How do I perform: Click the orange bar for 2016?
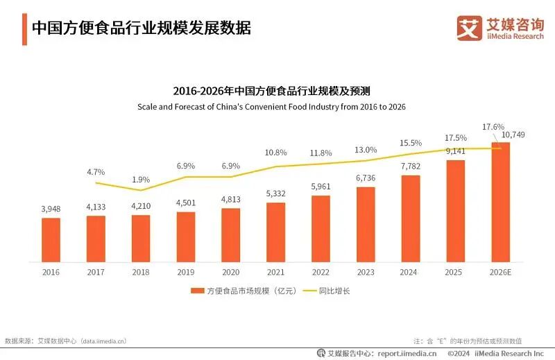51,240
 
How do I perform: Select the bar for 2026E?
500,202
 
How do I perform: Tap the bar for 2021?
275,232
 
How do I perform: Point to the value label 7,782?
411,165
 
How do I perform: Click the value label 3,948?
51,209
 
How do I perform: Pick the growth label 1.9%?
142,178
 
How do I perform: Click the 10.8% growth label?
275,152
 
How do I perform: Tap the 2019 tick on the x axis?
185,272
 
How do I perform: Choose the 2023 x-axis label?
366,272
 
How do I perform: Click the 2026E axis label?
500,272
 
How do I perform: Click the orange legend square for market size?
196,291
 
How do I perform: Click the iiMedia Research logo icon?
469,28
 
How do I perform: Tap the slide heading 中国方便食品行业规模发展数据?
142,28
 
